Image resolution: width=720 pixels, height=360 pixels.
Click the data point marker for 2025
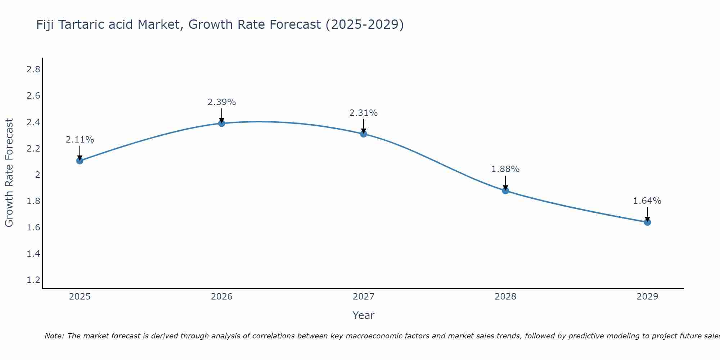click(80, 161)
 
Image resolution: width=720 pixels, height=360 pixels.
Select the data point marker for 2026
click(222, 123)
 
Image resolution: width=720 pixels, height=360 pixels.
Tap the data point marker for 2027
click(364, 134)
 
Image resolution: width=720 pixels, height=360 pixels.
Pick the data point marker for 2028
click(505, 191)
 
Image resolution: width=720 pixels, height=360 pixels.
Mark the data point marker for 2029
click(647, 222)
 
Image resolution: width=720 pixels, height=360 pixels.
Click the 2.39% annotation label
click(222, 102)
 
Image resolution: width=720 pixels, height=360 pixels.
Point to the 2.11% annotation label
click(80, 140)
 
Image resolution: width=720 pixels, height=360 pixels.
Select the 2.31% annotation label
click(364, 113)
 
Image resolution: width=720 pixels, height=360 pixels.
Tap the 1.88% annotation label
click(505, 169)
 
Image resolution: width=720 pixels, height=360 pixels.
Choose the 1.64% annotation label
click(647, 201)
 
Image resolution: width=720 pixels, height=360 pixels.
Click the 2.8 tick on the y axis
click(33, 69)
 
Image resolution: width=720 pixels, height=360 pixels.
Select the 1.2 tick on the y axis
click(33, 280)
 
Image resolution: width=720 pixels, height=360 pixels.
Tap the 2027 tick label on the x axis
click(364, 297)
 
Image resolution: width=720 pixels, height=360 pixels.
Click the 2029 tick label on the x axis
click(647, 297)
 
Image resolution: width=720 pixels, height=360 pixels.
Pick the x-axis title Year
click(364, 315)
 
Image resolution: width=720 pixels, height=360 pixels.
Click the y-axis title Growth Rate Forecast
click(9, 173)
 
